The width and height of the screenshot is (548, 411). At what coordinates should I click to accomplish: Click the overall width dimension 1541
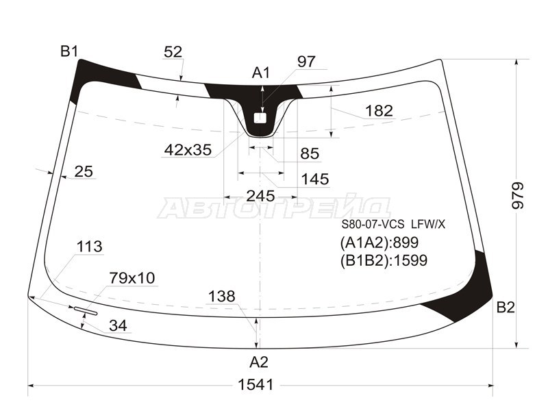tap(255, 385)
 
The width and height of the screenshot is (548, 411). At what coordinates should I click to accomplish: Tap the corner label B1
tap(69, 51)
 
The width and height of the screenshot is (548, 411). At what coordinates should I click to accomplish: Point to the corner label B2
tap(506, 308)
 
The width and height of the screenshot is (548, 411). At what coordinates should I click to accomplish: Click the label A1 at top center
tap(262, 73)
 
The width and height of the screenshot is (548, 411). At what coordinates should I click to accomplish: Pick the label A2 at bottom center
tap(259, 362)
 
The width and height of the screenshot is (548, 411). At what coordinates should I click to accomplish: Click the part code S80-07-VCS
tap(373, 225)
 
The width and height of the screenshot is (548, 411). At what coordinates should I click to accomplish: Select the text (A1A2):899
tap(379, 242)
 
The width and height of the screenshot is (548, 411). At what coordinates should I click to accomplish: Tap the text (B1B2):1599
tap(384, 260)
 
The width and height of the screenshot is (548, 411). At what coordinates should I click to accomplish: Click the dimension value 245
tap(260, 196)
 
